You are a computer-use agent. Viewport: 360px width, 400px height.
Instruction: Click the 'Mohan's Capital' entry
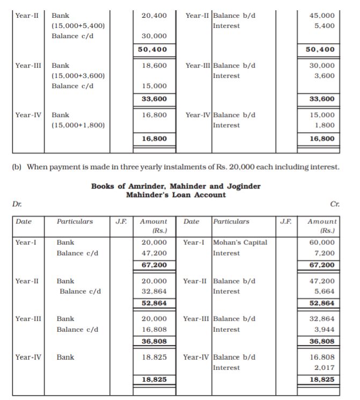(x=240, y=243)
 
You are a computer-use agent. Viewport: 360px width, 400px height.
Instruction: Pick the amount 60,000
(x=323, y=243)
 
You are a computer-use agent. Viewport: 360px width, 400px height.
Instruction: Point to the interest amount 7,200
(x=325, y=253)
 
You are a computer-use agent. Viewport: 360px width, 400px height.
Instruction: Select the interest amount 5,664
(x=325, y=291)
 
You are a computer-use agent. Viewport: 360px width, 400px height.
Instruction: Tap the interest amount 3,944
(x=325, y=329)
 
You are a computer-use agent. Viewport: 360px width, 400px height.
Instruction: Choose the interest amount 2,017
(x=325, y=367)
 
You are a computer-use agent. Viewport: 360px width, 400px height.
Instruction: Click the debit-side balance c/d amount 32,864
(x=153, y=291)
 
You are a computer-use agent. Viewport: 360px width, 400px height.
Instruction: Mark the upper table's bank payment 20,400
(x=153, y=16)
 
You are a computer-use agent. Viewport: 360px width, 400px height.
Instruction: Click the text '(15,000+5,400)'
(x=78, y=26)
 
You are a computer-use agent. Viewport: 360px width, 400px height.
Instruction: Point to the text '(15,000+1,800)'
(x=78, y=125)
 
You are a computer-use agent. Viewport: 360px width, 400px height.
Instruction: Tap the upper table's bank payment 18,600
(x=153, y=66)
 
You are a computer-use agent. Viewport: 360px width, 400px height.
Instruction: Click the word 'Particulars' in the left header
(x=75, y=221)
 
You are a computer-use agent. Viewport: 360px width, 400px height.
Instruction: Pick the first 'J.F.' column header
(x=121, y=221)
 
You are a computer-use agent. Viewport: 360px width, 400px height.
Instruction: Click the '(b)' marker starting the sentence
(x=17, y=167)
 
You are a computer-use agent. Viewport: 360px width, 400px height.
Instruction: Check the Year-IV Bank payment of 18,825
(x=153, y=357)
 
